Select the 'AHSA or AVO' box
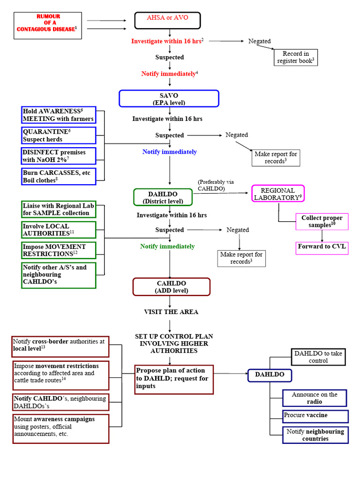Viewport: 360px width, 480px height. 167,20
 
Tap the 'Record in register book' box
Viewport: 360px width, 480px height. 296,57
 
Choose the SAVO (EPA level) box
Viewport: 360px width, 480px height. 169,98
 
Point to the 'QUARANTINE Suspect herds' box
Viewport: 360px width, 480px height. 59,135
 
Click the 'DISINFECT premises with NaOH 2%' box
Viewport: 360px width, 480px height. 59,156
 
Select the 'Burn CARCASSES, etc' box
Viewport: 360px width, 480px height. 59,176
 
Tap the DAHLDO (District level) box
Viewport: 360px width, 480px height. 163,197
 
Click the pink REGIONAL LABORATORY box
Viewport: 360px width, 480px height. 278,194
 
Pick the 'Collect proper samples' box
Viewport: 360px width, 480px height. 322,222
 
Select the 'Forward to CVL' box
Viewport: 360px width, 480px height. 322,247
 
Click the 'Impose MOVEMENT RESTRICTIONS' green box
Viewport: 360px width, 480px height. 59,250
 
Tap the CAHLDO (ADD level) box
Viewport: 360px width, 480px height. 171,287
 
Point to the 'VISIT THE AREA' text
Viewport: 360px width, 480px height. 171,312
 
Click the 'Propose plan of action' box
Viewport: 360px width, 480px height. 174,378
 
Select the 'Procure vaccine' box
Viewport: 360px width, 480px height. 315,416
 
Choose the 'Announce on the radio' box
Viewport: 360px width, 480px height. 315,398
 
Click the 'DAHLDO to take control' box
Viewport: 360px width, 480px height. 318,357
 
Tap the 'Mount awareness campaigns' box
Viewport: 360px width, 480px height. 60,428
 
